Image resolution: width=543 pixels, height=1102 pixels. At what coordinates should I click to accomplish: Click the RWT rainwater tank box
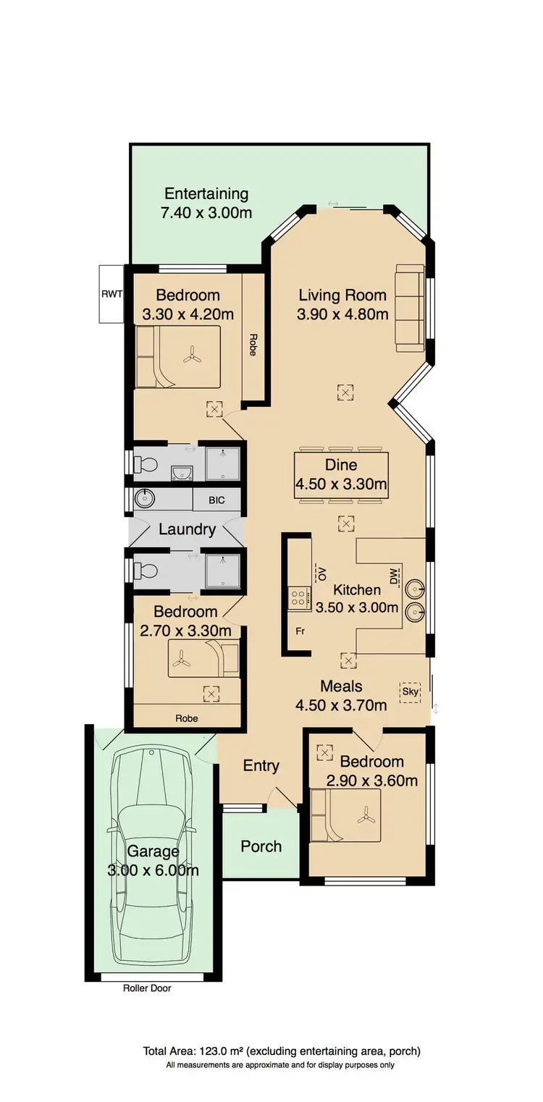point(112,294)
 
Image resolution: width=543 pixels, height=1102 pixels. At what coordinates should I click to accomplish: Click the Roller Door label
point(147,988)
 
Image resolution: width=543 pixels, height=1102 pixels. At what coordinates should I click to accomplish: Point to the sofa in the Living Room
point(410,308)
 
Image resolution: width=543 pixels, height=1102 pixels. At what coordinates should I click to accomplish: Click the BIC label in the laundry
point(216,500)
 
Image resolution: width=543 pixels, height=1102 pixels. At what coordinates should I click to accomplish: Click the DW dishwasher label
point(394,577)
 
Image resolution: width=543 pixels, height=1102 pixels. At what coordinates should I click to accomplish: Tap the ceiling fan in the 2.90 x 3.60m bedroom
point(363,816)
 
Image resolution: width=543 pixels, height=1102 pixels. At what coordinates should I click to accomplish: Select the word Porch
point(261,846)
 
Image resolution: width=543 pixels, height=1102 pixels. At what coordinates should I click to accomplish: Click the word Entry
point(261,765)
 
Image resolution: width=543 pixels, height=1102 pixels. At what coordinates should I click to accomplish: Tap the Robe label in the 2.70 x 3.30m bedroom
point(186,718)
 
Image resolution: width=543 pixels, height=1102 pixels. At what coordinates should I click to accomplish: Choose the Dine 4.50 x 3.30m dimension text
point(340,484)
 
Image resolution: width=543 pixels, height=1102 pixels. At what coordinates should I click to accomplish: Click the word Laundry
point(187,529)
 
